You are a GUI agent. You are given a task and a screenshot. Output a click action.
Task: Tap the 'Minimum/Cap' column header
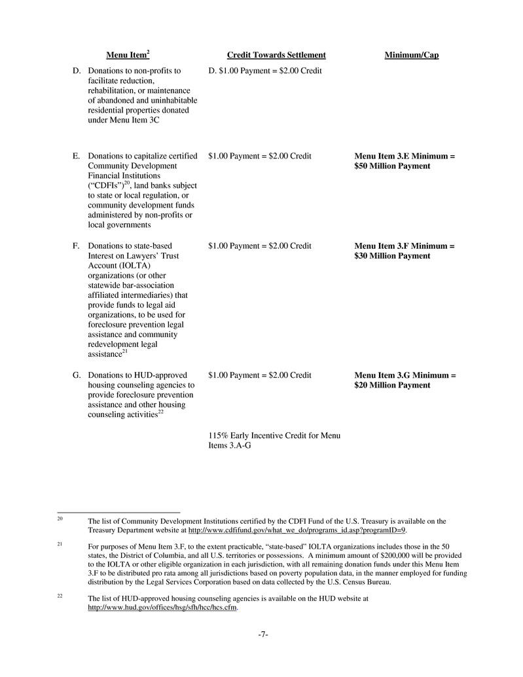pos(411,55)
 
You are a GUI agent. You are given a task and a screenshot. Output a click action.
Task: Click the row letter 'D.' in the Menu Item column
pos(77,70)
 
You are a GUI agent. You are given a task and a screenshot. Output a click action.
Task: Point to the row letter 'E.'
pos(77,156)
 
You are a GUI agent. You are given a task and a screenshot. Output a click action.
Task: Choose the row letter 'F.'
pos(77,246)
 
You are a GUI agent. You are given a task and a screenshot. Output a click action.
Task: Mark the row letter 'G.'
pos(77,375)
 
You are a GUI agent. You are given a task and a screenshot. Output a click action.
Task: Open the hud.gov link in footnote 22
pos(162,608)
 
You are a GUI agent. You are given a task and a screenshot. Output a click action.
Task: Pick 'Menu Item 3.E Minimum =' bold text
pos(405,156)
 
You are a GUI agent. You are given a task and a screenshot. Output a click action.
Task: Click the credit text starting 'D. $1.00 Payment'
pos(264,70)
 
